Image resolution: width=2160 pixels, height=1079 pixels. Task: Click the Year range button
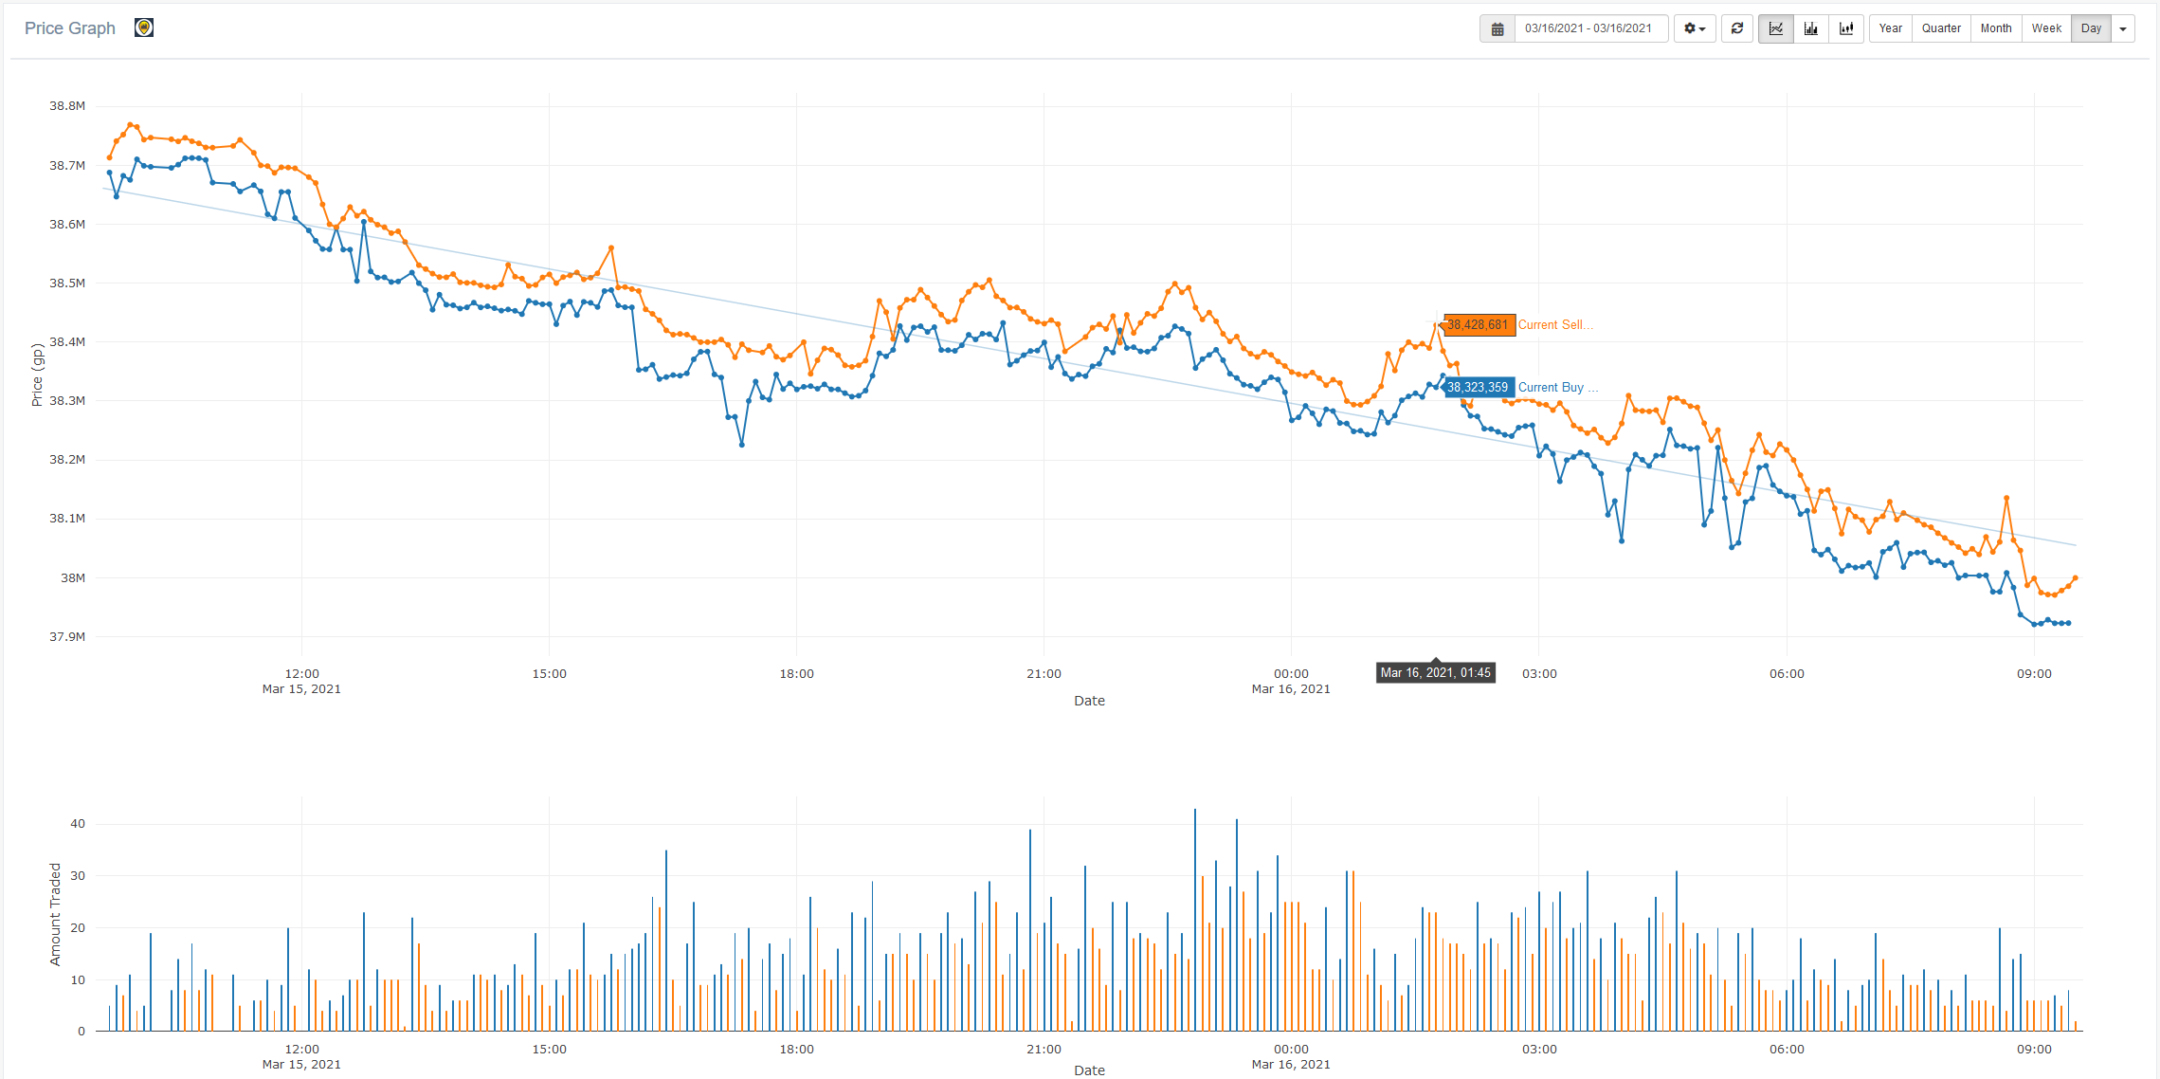point(1890,28)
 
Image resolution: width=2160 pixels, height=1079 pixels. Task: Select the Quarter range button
point(1941,28)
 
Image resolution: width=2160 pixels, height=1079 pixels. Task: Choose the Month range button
point(1995,28)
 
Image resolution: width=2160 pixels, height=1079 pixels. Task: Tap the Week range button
point(2046,28)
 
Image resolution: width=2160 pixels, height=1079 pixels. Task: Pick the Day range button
point(2091,28)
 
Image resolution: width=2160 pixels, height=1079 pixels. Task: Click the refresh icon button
point(1737,28)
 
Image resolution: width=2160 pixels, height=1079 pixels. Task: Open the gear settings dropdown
point(1695,28)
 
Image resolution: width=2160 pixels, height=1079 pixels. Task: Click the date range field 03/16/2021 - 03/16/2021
point(1588,28)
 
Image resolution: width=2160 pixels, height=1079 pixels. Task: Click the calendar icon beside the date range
point(1497,28)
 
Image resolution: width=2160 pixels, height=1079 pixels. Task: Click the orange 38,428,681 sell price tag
point(1478,325)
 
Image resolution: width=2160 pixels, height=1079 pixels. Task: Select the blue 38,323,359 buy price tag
point(1478,387)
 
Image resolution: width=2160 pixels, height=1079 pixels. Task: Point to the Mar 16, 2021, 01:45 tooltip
point(1435,672)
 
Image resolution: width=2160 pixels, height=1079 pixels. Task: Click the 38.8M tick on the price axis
point(67,106)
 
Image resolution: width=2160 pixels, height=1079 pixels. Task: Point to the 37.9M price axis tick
point(67,636)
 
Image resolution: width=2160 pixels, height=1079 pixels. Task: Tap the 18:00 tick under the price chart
point(796,674)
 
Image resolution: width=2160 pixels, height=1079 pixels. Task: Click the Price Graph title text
point(70,28)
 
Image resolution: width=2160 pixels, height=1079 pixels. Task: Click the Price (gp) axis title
point(37,375)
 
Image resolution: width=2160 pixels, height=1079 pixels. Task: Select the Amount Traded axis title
point(55,914)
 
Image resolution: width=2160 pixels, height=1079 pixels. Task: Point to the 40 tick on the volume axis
point(78,824)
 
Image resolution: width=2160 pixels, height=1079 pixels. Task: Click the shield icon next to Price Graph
point(144,27)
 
